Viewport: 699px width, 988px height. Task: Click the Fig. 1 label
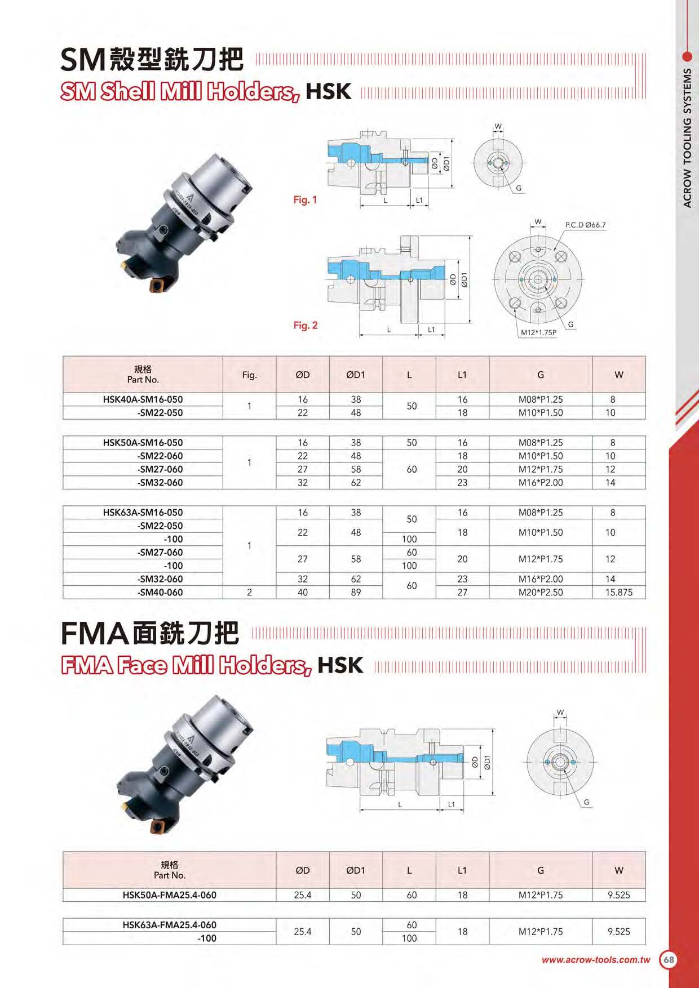305,200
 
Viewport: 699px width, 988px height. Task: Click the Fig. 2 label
305,326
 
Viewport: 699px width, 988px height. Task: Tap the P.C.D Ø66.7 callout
585,225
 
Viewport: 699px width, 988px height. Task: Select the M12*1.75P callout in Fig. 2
538,333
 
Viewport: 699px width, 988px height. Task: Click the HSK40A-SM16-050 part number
143,399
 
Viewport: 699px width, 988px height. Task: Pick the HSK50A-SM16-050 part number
143,443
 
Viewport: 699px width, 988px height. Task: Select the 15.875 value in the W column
618,593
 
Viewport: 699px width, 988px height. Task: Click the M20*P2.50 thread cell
541,593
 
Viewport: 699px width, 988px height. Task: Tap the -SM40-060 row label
160,593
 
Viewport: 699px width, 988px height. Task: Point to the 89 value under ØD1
356,593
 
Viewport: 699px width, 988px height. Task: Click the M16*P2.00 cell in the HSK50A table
541,483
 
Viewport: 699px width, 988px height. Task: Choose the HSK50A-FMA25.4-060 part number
169,895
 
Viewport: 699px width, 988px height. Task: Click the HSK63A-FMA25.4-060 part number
169,925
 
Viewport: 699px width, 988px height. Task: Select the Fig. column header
249,375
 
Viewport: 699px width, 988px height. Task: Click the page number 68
669,960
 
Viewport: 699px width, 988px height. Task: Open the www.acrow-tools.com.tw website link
596,960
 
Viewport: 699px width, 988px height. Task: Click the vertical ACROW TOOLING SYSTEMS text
687,138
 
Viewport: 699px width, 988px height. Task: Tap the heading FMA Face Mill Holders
186,665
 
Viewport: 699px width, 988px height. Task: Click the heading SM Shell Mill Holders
180,91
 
